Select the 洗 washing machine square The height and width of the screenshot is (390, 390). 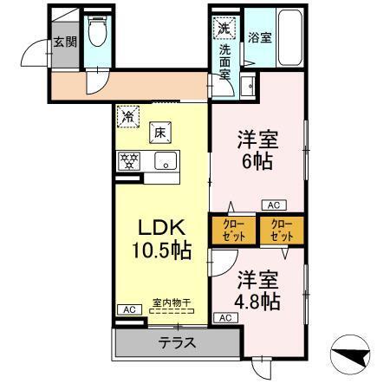tap(224, 28)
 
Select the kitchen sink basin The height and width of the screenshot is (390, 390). tap(164, 160)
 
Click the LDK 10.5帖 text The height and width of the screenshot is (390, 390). tap(161, 238)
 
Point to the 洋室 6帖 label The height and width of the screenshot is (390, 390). tap(257, 148)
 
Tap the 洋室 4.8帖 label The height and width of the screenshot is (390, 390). tap(258, 292)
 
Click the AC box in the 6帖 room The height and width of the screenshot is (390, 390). tap(272, 205)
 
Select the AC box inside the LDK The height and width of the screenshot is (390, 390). tap(127, 309)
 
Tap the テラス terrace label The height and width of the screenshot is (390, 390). tap(177, 342)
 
